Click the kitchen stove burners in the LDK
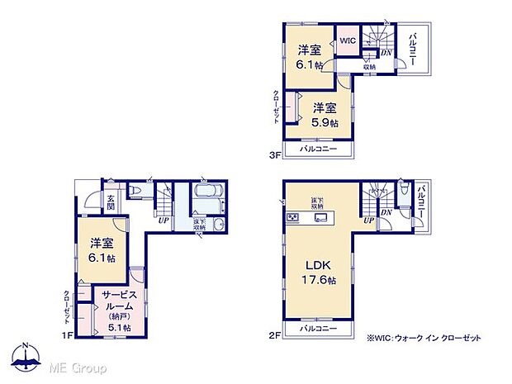tap(293, 218)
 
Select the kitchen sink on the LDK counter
tap(322, 218)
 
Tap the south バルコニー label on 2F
tap(318, 328)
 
